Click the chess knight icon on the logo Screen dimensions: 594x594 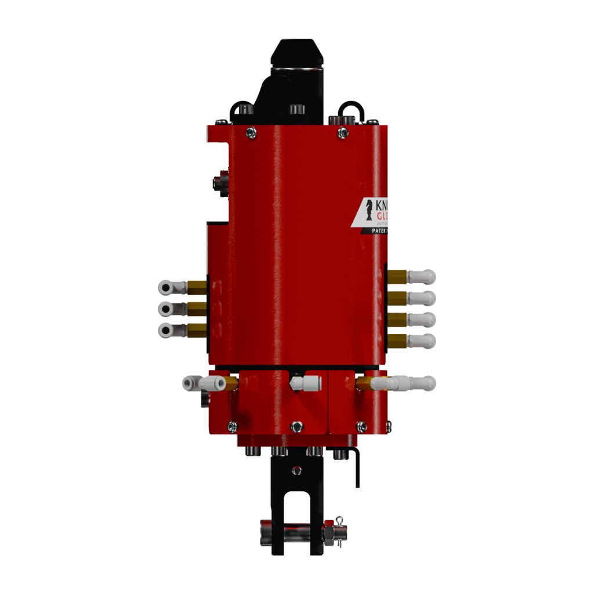pos(369,211)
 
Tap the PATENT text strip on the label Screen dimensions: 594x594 pos(376,231)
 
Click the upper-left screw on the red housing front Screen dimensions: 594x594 pos(251,132)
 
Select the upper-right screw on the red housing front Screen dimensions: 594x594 pos(343,133)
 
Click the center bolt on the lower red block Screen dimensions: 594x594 pos(297,426)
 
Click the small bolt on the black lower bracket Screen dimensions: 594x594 pos(296,470)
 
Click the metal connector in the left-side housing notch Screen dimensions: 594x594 pos(220,183)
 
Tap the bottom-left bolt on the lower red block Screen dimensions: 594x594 pos(233,426)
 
